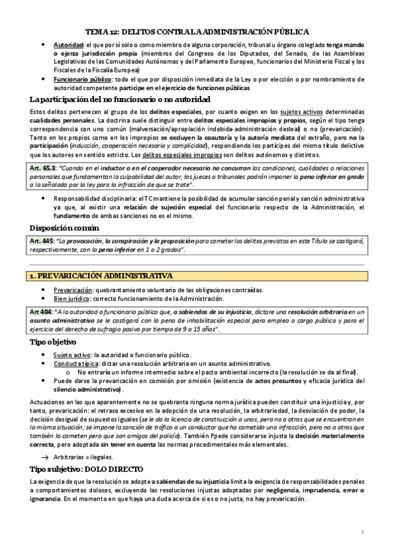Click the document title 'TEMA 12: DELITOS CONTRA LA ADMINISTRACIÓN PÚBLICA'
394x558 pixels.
click(x=197, y=31)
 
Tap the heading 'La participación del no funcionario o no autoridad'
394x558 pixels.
click(x=120, y=99)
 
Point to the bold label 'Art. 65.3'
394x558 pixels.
click(x=43, y=169)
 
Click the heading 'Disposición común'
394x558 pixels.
click(x=65, y=228)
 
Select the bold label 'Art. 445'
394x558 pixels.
click(x=42, y=241)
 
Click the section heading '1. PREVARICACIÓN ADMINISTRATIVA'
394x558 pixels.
click(x=101, y=275)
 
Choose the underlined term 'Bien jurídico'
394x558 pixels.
click(x=73, y=298)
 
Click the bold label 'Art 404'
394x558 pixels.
click(x=42, y=311)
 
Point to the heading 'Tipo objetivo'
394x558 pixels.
click(x=54, y=342)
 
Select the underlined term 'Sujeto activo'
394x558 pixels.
click(x=72, y=355)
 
